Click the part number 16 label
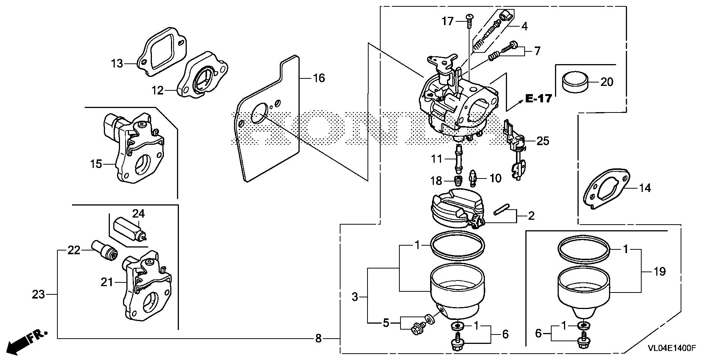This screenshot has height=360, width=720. (319, 78)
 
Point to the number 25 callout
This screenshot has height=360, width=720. (543, 141)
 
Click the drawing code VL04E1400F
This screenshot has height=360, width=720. (671, 348)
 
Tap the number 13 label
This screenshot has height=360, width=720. (117, 64)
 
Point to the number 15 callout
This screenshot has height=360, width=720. (96, 164)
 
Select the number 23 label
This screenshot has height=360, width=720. (39, 295)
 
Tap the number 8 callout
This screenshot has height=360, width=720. (318, 339)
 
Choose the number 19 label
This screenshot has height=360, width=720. (660, 271)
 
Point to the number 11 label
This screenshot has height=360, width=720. (436, 159)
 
